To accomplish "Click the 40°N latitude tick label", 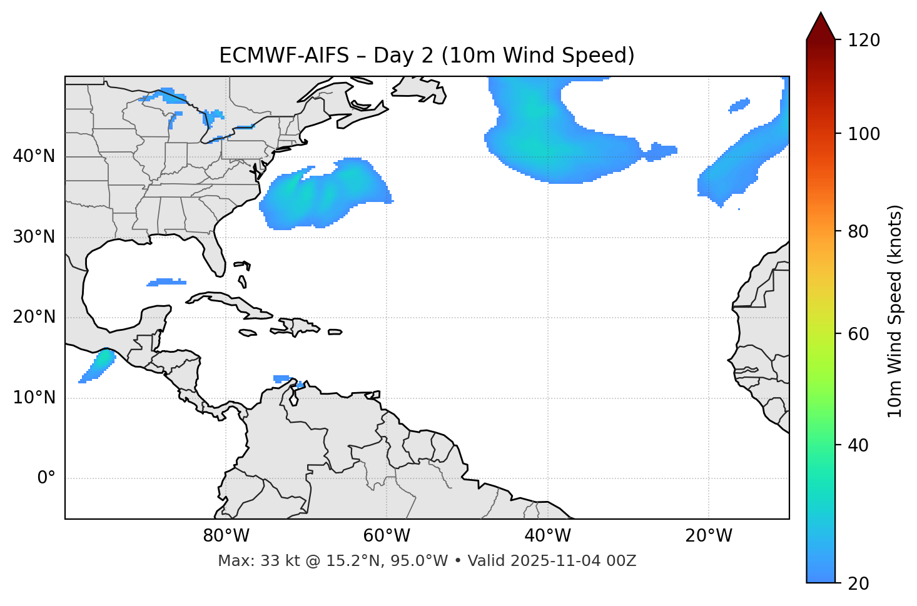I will coord(34,156).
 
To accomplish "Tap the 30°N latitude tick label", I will coord(34,237).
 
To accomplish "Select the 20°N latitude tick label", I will coord(34,317).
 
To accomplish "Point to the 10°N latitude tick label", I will coord(34,398).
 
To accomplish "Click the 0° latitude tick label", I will coord(46,478).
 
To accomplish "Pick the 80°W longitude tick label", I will coord(226,536).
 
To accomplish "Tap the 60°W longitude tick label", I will coord(387,536).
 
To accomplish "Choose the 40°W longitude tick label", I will coord(547,536).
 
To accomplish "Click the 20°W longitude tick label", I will coord(708,536).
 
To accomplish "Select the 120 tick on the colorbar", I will coord(863,41).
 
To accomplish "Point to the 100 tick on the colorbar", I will coord(863,134).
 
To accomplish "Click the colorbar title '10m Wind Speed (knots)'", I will coord(895,311).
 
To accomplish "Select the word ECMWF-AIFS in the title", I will coord(284,56).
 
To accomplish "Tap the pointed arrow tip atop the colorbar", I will coord(821,15).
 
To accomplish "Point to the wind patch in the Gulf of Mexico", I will coord(166,282).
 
